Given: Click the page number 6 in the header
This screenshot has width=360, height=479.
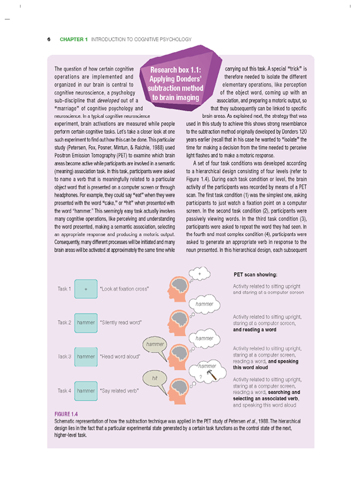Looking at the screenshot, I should pos(49,39).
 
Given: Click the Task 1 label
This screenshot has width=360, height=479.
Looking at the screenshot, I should pos(64,289).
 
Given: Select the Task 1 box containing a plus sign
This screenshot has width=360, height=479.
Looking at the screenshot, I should pos(85,289).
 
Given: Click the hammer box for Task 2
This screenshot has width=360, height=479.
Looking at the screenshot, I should pos(85,322).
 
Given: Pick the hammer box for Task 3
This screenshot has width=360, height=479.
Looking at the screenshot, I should pos(85,356).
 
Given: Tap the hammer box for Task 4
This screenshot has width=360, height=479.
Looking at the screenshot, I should pos(85,391).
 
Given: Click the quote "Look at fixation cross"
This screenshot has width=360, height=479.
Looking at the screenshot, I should pos(124,289).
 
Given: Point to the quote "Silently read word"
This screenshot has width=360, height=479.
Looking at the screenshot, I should pos(121,322).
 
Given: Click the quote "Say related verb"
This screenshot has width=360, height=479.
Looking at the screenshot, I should pos(119,391).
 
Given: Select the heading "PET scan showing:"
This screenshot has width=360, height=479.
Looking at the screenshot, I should pos(255,275).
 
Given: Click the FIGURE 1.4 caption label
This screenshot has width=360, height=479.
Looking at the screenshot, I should pos(67,414).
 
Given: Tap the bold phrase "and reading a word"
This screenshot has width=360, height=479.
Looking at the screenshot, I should pos(255,329).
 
